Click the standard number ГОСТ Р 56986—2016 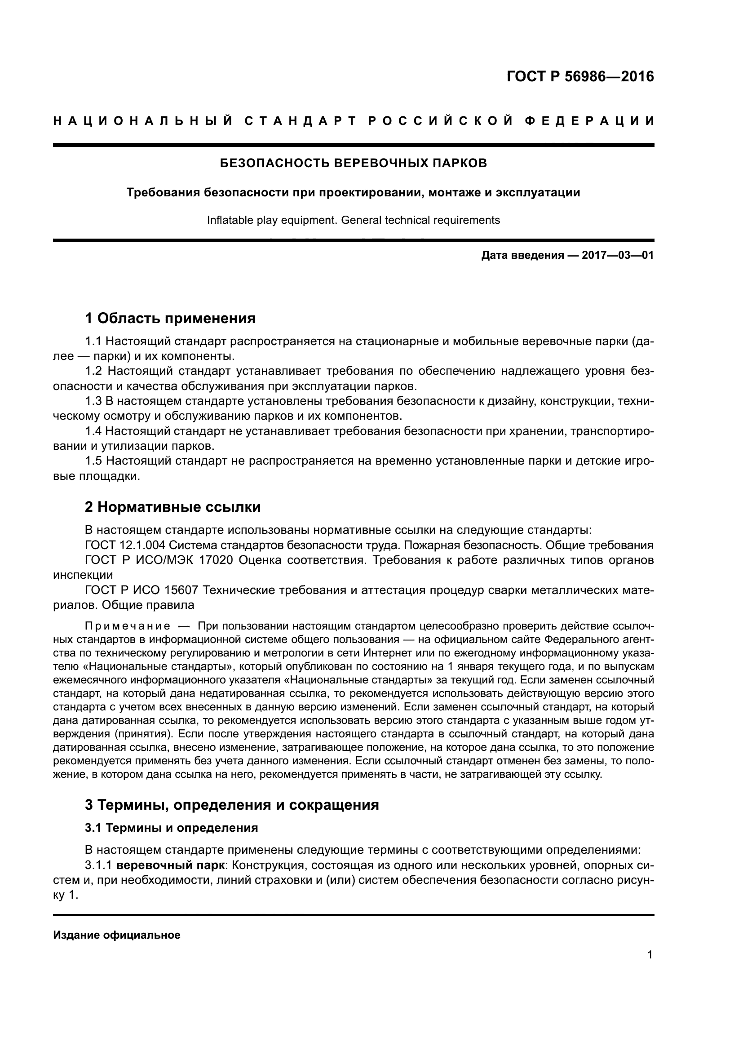pos(580,76)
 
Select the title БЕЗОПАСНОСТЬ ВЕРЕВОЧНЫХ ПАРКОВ pos(353,164)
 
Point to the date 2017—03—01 pos(617,255)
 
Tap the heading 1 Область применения pos(170,318)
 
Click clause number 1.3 pos(93,401)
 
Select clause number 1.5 pos(93,461)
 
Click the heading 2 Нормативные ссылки pos(173,507)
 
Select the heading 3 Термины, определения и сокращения pos(232,804)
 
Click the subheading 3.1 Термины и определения pos(172,828)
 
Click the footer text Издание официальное pos(117,935)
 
